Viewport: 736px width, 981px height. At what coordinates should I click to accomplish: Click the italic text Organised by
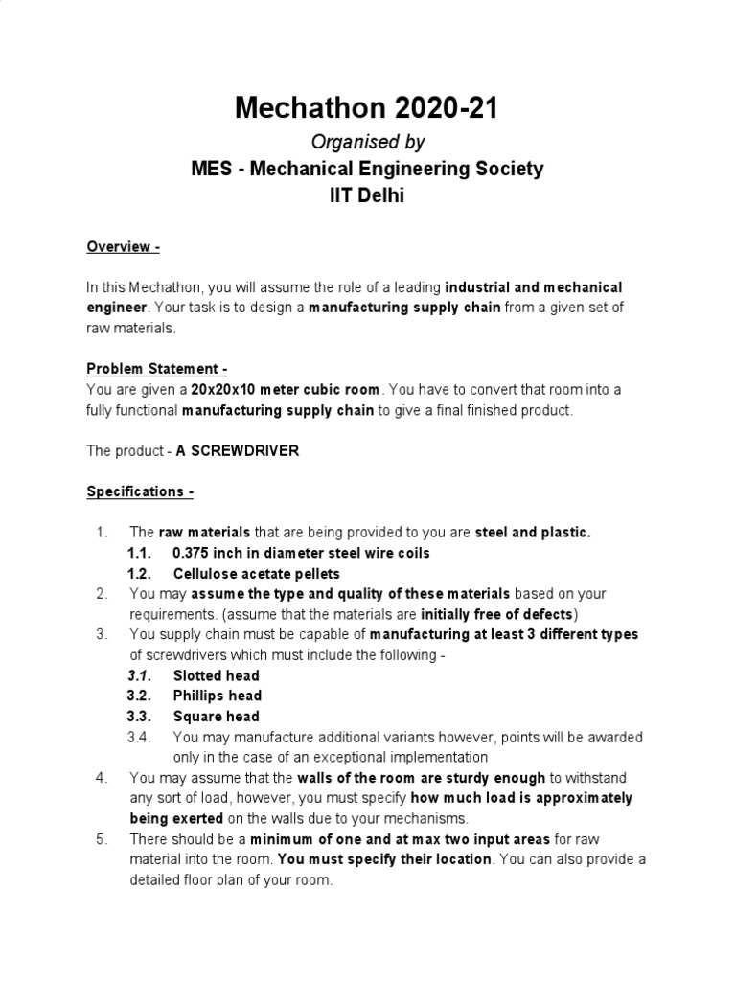coord(367,142)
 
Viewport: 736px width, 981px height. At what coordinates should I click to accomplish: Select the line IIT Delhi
coord(367,195)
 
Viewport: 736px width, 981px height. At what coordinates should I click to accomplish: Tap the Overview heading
coord(123,246)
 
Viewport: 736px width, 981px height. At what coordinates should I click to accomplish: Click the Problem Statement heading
coord(157,369)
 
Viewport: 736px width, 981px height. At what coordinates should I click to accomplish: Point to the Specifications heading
coord(140,491)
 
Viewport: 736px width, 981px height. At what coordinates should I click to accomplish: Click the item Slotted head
coord(217,675)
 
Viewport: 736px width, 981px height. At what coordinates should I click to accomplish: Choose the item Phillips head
coord(218,696)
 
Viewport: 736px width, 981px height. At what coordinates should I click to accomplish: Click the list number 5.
coord(103,839)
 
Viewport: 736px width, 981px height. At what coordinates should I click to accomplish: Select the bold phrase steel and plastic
coord(533,532)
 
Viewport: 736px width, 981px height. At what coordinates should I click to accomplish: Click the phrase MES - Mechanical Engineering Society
coord(367,170)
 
